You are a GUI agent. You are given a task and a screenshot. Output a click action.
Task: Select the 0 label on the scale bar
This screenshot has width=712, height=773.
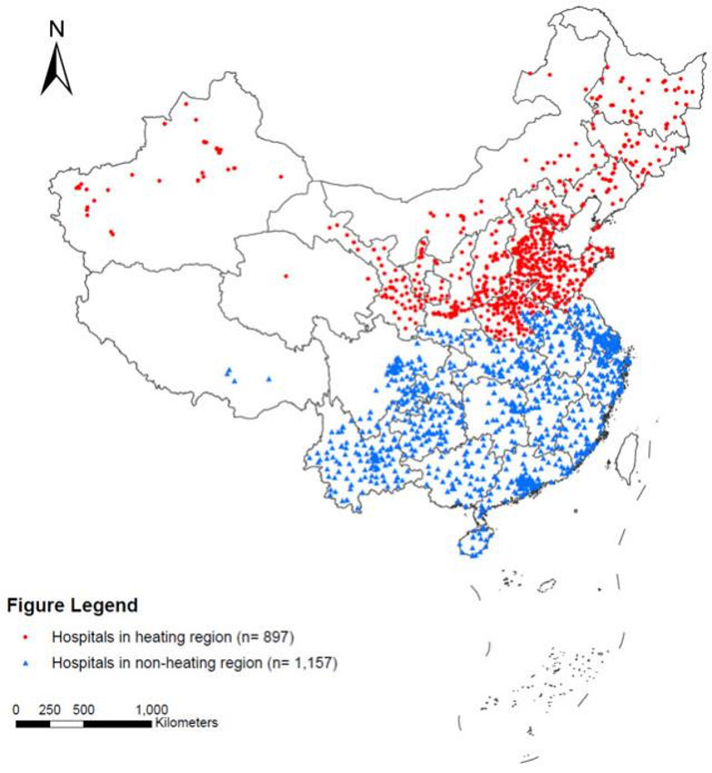tap(16, 709)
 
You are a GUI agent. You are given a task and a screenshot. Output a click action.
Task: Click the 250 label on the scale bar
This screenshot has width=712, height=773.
tap(50, 709)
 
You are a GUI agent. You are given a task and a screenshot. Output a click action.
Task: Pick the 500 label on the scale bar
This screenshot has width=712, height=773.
tap(83, 709)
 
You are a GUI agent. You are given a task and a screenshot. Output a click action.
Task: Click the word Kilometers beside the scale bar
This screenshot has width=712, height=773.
tap(186, 723)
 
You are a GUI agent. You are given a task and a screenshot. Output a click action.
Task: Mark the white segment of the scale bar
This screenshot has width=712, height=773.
tap(66, 723)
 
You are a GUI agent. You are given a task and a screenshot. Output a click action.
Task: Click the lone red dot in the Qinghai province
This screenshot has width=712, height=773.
tap(286, 275)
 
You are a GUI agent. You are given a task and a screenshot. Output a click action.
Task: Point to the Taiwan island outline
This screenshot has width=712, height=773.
tap(626, 456)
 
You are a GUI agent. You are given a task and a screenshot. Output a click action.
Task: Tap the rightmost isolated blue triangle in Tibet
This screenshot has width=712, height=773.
tap(268, 379)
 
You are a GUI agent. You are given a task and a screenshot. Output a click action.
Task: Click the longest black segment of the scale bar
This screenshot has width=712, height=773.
tap(117, 723)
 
